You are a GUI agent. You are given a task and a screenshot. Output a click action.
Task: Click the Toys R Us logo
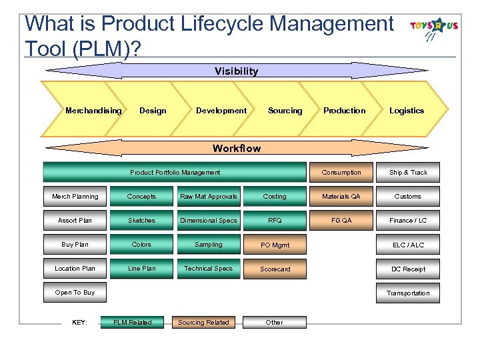click(x=434, y=28)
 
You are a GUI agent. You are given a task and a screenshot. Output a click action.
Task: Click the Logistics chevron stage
click(x=407, y=111)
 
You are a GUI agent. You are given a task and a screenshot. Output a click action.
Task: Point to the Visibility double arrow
click(x=236, y=71)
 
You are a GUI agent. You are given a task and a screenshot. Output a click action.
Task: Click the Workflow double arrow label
click(x=236, y=148)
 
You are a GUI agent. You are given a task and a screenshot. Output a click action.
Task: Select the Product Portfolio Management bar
click(x=175, y=173)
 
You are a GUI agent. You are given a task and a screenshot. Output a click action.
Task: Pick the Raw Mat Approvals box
click(x=209, y=197)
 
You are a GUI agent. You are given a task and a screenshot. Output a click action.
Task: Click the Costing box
click(x=275, y=197)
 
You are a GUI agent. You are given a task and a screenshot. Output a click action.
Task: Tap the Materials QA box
click(x=341, y=197)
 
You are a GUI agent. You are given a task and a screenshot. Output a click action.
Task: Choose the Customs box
click(x=408, y=197)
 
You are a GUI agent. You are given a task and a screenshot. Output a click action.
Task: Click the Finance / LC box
click(x=408, y=221)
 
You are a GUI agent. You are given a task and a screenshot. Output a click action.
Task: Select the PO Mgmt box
click(x=275, y=245)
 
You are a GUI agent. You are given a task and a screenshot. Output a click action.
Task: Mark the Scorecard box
click(x=275, y=269)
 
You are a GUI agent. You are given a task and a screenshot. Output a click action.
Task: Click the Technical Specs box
click(x=209, y=269)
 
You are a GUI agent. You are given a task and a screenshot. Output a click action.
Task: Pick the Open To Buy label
click(x=75, y=293)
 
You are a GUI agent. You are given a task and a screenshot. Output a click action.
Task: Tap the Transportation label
click(x=408, y=293)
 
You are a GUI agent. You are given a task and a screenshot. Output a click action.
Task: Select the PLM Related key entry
click(x=132, y=323)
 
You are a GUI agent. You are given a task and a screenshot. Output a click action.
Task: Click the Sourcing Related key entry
click(x=203, y=323)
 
